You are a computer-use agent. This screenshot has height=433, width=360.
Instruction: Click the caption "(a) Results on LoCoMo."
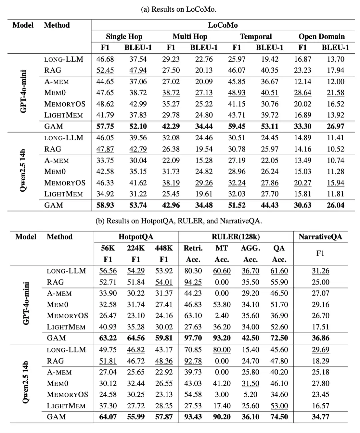pos(179,9)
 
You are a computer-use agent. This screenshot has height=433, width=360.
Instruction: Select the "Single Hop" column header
pos(124,37)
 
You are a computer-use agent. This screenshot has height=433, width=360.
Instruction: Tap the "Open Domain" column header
pos(321,37)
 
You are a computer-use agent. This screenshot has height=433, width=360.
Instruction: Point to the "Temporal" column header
pos(256,37)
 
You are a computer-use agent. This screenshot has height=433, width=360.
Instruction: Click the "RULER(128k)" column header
pos(236,237)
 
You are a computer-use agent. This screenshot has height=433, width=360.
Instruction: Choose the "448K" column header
pos(164,248)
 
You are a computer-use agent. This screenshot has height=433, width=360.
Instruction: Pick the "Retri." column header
pos(193,248)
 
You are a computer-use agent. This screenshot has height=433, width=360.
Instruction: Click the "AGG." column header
pos(250,248)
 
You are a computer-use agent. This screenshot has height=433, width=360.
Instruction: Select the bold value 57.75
pos(105,127)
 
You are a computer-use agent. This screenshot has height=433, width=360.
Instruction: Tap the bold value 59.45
pos(237,127)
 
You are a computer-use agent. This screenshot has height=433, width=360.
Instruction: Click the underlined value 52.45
pos(105,70)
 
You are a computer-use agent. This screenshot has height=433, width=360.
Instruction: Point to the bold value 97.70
pos(193,338)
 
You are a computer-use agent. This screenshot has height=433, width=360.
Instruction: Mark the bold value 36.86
pos(320,338)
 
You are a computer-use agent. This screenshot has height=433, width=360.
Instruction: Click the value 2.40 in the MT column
pos(222,316)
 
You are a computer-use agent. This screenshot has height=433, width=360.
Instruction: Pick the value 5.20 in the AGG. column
pos(250,395)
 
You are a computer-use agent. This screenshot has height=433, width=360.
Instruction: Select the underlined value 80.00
pos(222,350)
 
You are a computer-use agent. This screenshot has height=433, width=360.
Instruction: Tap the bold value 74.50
pos(279,417)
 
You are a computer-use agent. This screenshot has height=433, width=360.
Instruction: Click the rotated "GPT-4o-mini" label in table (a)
pos(24,91)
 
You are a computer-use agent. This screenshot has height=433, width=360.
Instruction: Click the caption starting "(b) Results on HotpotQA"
pos(179,221)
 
